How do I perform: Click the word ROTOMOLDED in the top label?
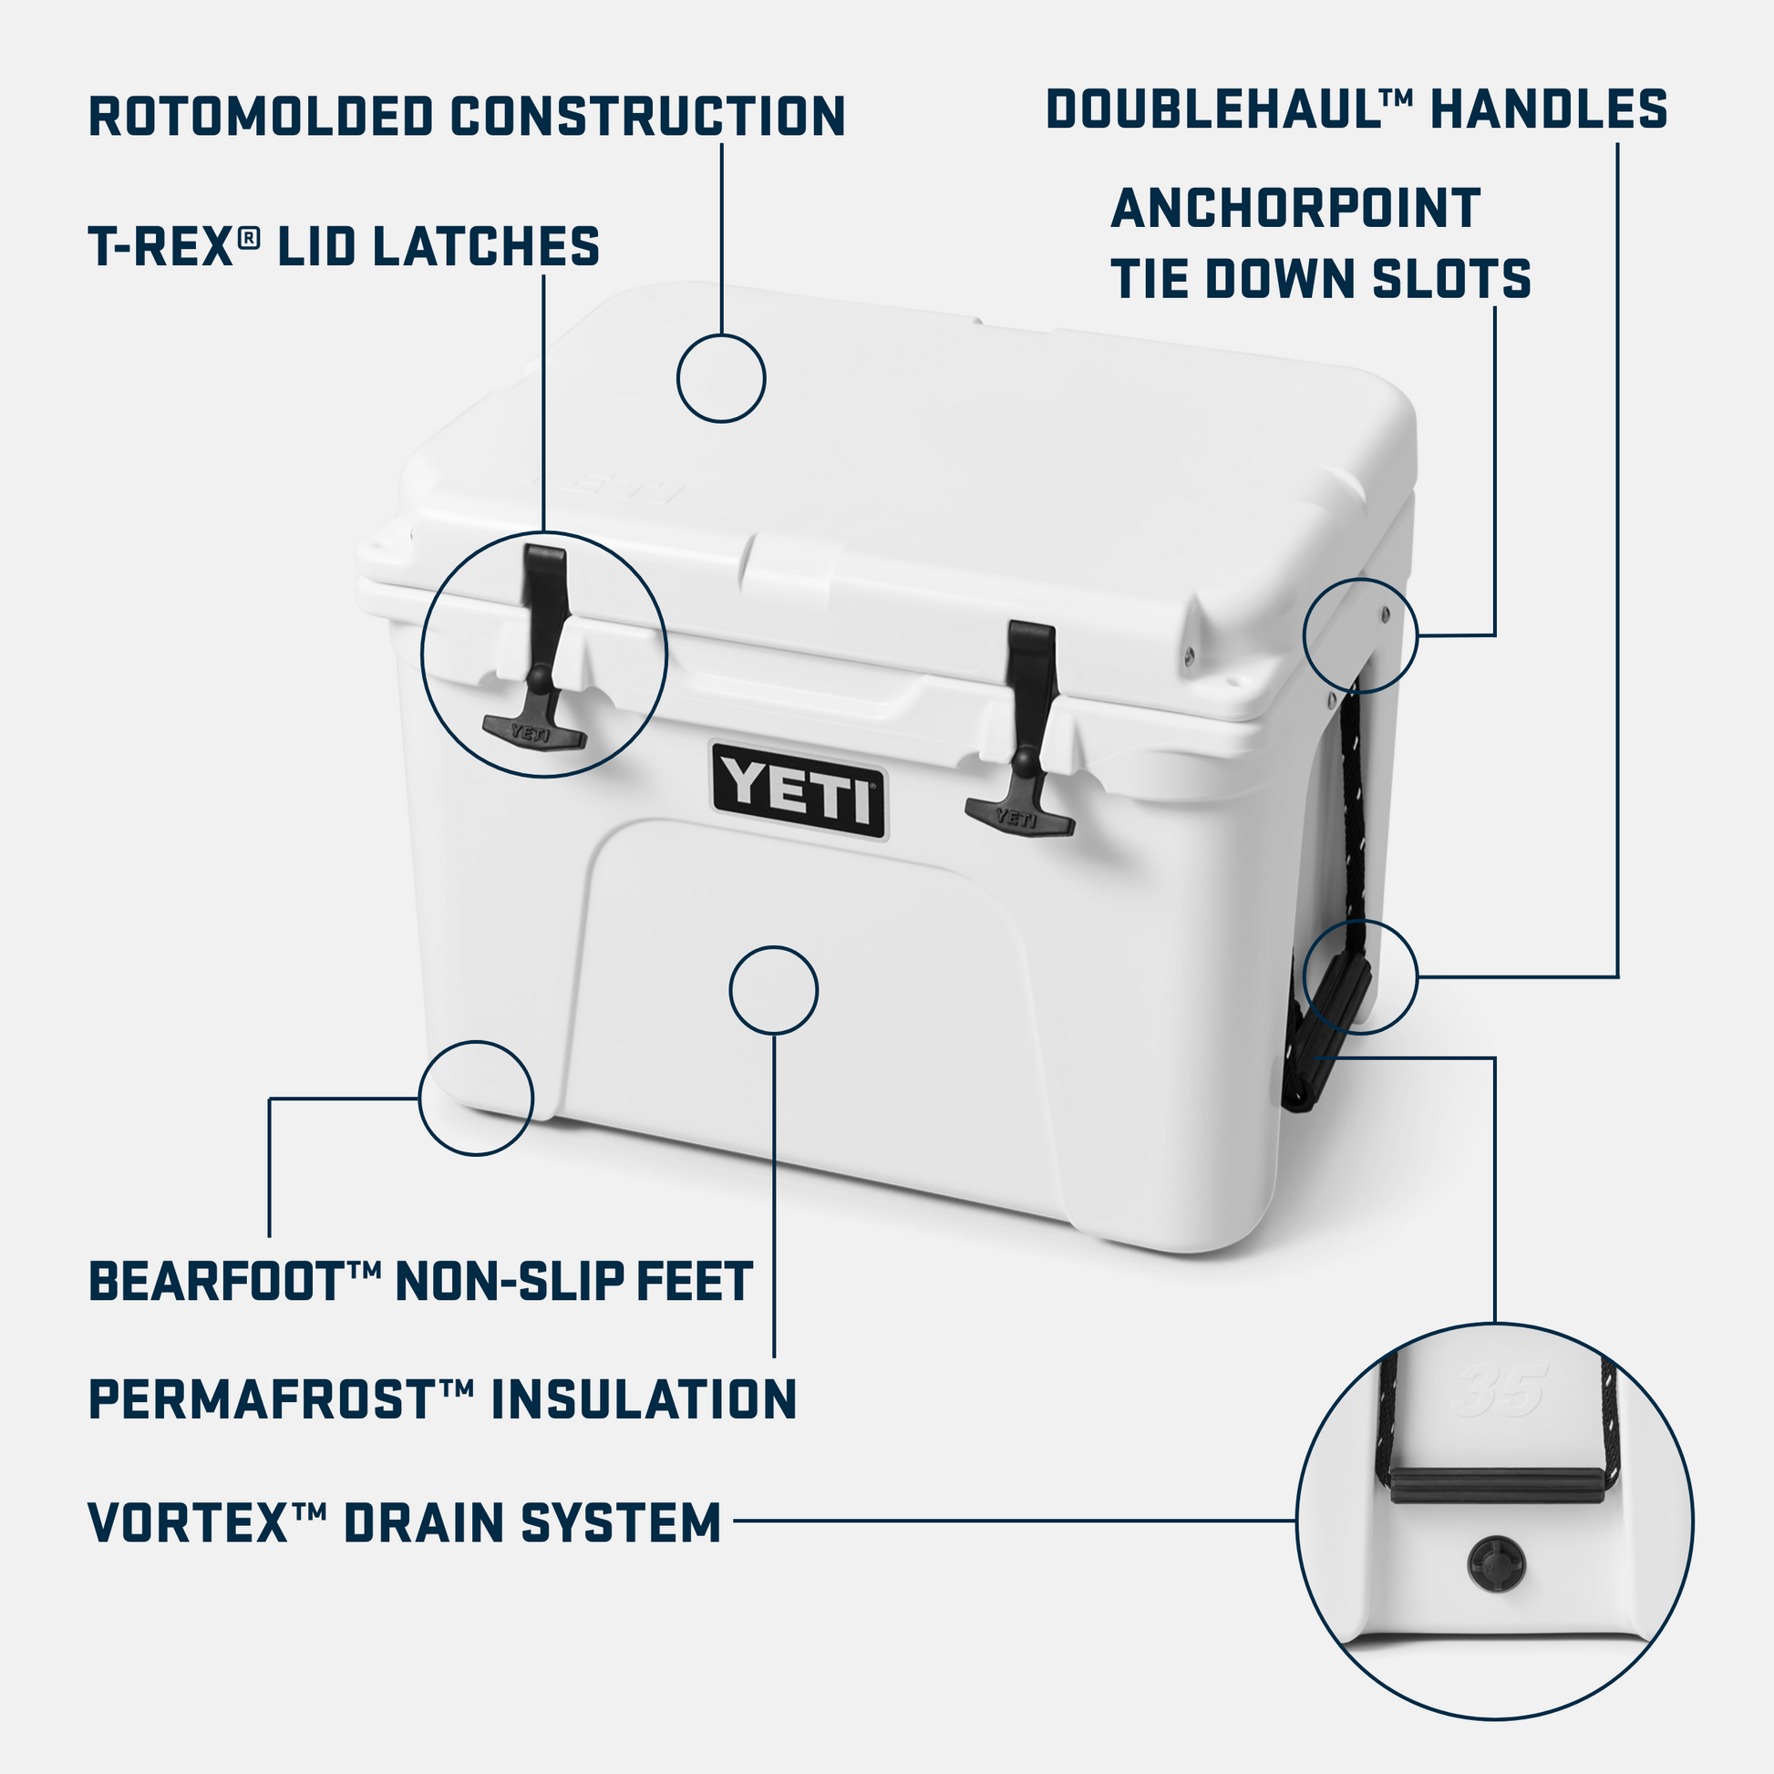coord(260,117)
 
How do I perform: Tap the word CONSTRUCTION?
coord(647,117)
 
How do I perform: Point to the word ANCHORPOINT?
coord(1294,209)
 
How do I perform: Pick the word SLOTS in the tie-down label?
coord(1450,279)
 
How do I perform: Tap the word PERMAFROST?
coord(262,1399)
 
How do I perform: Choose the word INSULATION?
coord(644,1399)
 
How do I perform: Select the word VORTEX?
coord(189,1522)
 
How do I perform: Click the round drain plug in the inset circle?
coord(1496,1561)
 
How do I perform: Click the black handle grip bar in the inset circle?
coord(1497,1485)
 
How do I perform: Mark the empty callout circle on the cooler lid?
coord(721,378)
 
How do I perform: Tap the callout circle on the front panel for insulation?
coord(773,991)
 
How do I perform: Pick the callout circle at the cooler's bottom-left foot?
coord(476,1098)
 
